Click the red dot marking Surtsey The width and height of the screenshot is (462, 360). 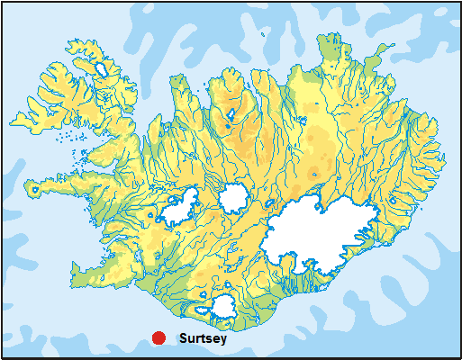158,338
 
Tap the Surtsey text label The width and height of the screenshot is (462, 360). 203,339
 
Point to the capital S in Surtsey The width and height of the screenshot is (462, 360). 183,339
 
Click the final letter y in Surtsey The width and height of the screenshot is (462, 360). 222,341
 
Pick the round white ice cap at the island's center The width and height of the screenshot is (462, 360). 235,197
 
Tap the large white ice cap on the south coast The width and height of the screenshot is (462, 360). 222,306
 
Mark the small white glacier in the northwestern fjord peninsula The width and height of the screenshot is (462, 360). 101,67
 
